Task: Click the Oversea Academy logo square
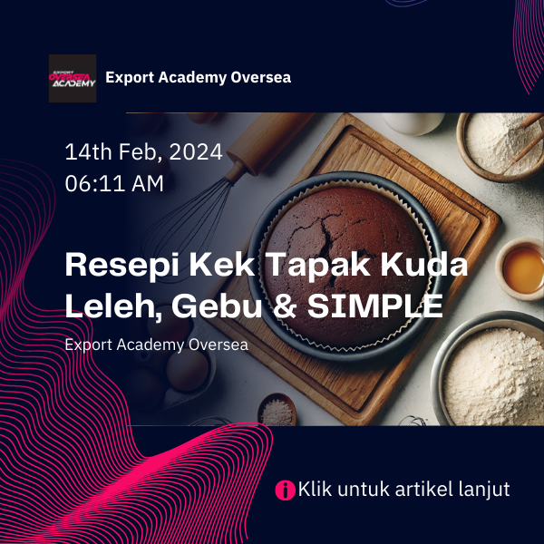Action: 73,78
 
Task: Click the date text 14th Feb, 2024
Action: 143,152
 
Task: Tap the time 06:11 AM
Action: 114,183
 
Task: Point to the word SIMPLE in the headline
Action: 375,306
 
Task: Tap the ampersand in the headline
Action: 285,306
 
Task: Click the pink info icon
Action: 286,490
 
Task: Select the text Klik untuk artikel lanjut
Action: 403,489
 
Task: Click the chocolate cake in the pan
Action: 345,266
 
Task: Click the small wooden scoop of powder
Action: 277,410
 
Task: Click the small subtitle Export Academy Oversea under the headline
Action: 157,345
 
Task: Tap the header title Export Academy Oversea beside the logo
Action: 198,77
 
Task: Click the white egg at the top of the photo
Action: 413,123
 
